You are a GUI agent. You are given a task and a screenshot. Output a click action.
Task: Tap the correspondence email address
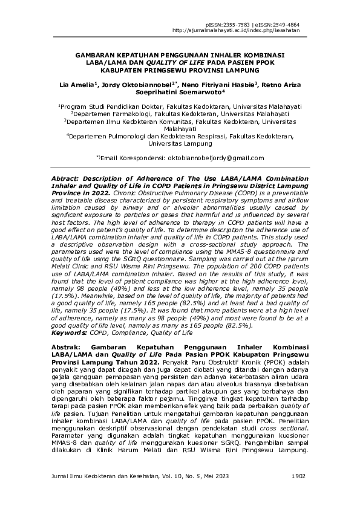[x=215, y=158]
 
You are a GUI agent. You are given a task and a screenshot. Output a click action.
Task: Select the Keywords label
[x=67, y=332]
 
